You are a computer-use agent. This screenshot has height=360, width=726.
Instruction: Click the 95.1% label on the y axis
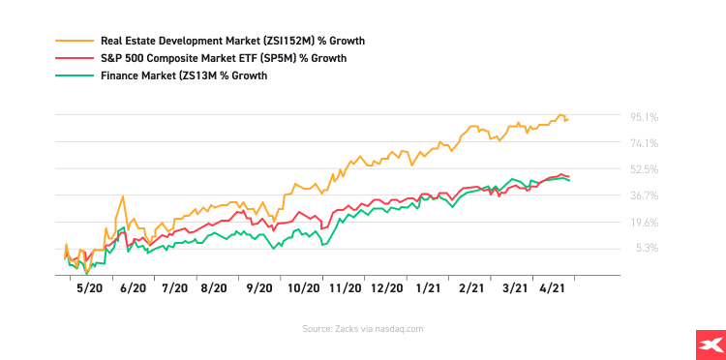(645, 117)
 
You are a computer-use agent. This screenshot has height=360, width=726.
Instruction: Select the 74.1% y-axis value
(645, 143)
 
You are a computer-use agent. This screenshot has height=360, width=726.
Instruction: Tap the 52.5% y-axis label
(645, 169)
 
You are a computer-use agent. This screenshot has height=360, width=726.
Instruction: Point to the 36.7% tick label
(645, 195)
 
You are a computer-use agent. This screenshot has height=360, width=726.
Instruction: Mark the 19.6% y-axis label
(645, 222)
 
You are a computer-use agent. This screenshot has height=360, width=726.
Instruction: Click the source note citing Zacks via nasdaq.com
(362, 329)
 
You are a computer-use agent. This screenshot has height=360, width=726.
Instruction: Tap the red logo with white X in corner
(710, 344)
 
